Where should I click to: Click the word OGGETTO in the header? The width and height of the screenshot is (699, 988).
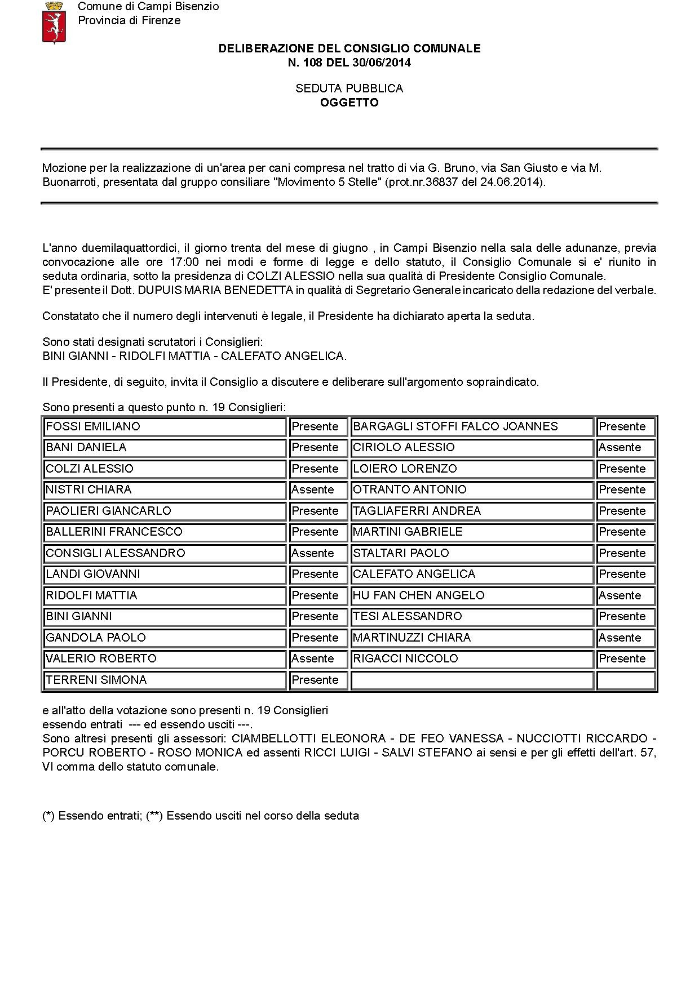pyautogui.click(x=349, y=103)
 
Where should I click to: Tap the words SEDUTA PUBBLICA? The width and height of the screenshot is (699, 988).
pyautogui.click(x=349, y=88)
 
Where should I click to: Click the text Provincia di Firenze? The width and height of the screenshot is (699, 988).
pyautogui.click(x=129, y=20)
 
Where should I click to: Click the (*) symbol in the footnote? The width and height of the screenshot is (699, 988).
pyautogui.click(x=48, y=816)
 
